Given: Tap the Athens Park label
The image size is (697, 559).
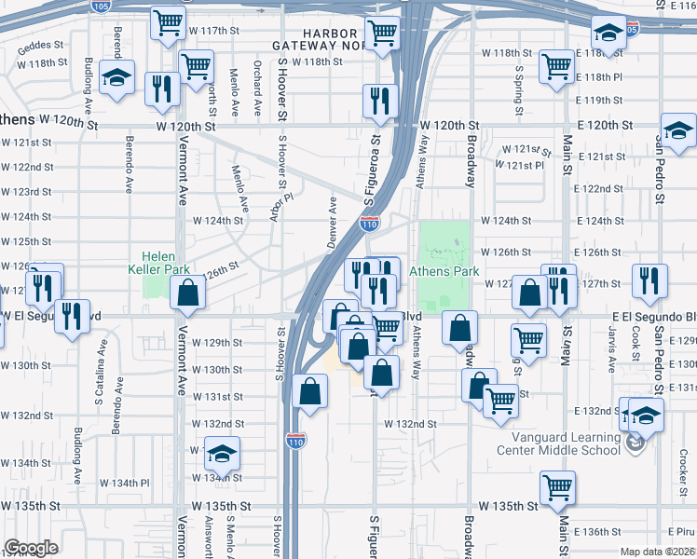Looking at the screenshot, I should (455, 271).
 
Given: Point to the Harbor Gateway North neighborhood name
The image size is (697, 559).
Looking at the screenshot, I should (316, 39).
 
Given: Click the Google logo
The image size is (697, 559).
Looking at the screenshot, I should (31, 548).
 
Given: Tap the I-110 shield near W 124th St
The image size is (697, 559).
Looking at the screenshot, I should (369, 224).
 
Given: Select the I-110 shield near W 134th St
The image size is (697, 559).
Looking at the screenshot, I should (295, 439).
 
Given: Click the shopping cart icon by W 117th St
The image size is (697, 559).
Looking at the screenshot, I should (168, 24).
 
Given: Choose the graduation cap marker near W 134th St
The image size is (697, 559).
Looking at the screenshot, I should (222, 454).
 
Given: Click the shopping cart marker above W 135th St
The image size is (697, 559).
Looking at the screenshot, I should (557, 486).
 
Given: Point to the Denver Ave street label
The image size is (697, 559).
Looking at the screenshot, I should (332, 216).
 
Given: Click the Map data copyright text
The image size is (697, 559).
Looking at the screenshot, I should (657, 552).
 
